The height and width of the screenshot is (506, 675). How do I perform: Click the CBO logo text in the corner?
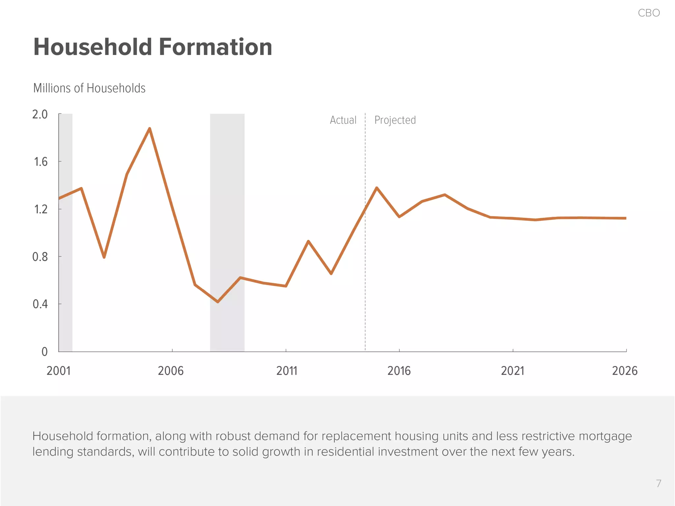(649, 13)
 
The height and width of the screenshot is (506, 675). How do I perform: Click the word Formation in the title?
(216, 47)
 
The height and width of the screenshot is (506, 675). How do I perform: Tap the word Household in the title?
(93, 47)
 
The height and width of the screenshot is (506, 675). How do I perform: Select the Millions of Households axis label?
(89, 88)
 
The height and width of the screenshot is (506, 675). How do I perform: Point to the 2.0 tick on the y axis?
(40, 114)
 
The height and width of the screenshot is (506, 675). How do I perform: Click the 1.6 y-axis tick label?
(41, 162)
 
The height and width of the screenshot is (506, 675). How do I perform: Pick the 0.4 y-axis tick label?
(40, 304)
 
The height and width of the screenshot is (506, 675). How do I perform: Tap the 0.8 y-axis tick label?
(40, 257)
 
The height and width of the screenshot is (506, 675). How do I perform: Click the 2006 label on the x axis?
(170, 371)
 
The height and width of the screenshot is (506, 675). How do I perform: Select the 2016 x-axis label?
(399, 371)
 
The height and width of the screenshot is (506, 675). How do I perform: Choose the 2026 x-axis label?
(625, 371)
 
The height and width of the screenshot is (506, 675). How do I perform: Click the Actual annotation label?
(343, 120)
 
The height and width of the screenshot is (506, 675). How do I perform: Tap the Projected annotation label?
(395, 120)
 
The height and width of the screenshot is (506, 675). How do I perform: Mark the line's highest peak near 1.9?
(150, 129)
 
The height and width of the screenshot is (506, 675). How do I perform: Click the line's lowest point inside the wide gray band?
(218, 301)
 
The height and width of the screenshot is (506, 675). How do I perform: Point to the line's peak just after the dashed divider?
(377, 188)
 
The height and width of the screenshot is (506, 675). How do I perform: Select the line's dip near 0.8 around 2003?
(104, 257)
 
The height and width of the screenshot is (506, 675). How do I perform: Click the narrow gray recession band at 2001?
(66, 264)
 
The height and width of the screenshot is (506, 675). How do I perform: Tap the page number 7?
(658, 483)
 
